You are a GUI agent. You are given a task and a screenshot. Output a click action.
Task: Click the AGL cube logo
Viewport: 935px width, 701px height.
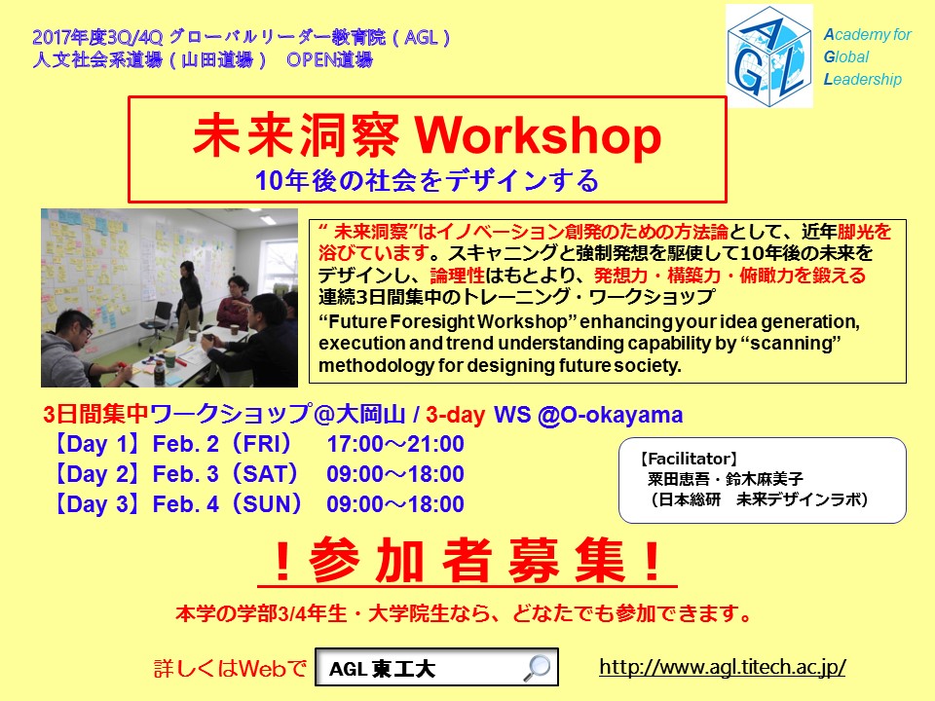coord(769,56)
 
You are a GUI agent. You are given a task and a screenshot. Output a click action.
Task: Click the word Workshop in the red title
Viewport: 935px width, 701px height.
coord(538,136)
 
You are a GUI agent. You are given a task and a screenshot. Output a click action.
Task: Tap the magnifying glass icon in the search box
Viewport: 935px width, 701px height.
coord(537,668)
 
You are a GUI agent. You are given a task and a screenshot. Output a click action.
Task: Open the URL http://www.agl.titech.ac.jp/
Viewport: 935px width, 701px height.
coord(722,667)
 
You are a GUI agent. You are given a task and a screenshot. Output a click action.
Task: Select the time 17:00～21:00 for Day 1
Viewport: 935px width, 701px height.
coord(395,444)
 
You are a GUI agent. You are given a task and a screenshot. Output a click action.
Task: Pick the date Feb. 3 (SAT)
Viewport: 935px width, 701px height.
coord(225,474)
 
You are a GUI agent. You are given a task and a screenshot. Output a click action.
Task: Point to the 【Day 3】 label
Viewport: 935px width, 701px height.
coord(97,504)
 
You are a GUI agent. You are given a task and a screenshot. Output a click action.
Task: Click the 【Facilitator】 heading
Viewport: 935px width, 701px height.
coord(689,459)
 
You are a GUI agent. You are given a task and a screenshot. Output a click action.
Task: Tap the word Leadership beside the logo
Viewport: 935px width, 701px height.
coord(862,79)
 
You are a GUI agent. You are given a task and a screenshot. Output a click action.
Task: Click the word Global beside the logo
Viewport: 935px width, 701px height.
coord(846,56)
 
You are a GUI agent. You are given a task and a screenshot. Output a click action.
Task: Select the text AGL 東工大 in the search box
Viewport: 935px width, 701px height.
coord(382,669)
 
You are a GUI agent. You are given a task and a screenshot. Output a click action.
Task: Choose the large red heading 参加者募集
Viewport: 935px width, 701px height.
coord(467,561)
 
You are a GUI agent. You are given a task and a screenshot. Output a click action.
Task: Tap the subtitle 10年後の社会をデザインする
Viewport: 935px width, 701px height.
coord(427,180)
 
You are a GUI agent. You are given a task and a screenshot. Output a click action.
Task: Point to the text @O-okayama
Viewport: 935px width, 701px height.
coord(610,415)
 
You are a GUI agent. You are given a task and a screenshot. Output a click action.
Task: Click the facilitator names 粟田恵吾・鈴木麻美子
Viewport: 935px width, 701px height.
coord(725,479)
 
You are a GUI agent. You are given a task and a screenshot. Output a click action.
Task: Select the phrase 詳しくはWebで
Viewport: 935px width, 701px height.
coord(230,668)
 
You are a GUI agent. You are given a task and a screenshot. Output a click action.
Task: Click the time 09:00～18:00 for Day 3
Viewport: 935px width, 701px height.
coord(395,504)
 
